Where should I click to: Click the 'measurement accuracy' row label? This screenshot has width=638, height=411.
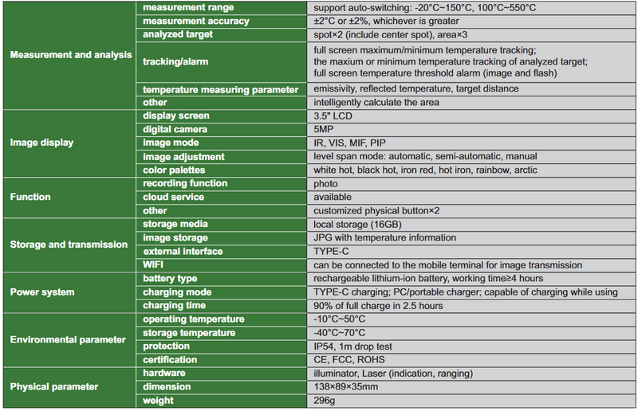[185, 21]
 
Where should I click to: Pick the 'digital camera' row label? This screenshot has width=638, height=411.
[175, 129]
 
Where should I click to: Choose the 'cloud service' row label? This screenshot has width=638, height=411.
[174, 197]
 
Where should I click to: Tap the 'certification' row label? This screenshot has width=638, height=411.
[172, 359]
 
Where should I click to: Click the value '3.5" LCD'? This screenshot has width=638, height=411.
[334, 115]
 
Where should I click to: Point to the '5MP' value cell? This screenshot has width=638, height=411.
[325, 129]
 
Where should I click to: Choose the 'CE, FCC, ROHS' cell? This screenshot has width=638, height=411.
[349, 359]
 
